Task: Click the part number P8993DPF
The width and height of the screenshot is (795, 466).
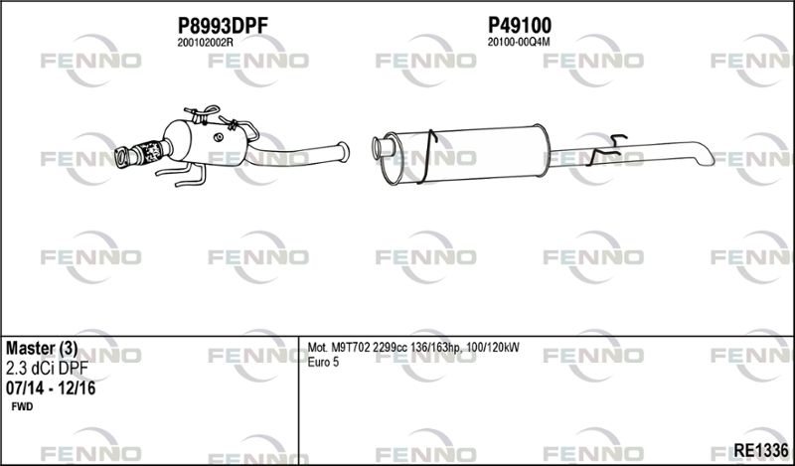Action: [223, 25]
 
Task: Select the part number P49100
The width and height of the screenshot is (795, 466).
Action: [519, 25]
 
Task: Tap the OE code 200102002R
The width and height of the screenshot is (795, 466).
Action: [206, 43]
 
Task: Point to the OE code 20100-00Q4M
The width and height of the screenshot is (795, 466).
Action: [518, 43]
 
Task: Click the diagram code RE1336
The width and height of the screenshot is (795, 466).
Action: [761, 449]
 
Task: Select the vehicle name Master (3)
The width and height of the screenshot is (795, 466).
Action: [42, 348]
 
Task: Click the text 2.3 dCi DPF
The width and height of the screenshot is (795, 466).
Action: [47, 369]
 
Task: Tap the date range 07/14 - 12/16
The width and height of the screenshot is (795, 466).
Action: [51, 388]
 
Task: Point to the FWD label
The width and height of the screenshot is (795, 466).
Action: [22, 406]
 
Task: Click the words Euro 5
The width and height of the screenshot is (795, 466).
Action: [323, 362]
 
